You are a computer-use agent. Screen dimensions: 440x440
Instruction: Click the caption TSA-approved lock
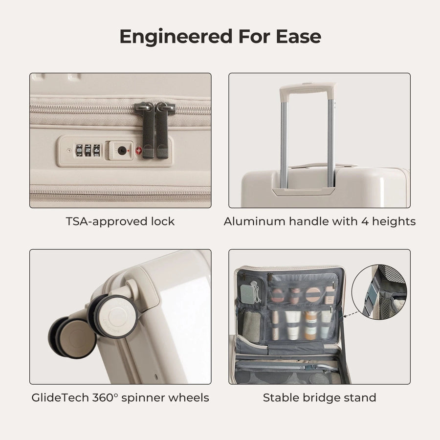pyautogui.click(x=120, y=221)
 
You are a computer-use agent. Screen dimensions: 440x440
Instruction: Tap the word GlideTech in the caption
pyautogui.click(x=59, y=397)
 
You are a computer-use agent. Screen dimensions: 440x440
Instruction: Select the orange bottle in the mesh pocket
pyautogui.click(x=311, y=326)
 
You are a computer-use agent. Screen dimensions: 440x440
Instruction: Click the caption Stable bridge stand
pyautogui.click(x=320, y=397)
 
